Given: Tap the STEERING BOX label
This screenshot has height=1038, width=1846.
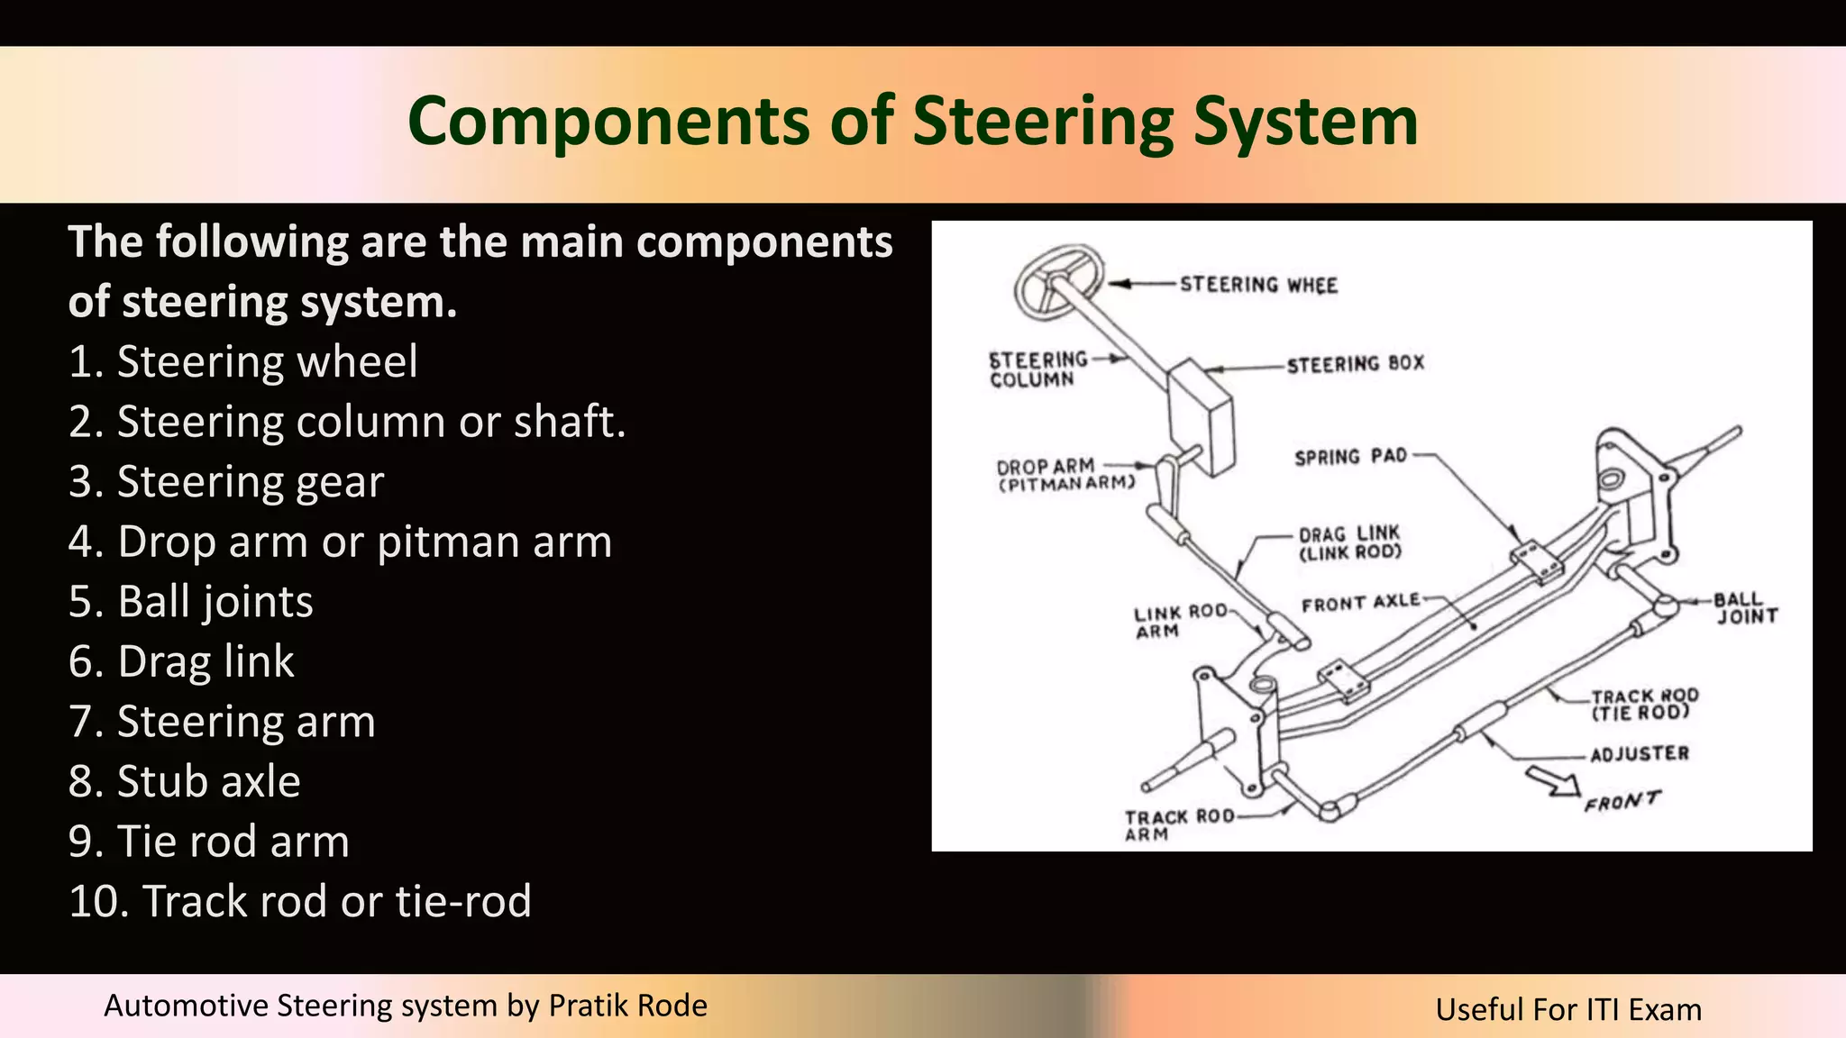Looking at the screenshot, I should pyautogui.click(x=1355, y=364).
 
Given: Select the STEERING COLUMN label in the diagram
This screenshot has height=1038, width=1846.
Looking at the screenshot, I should pyautogui.click(x=1037, y=369).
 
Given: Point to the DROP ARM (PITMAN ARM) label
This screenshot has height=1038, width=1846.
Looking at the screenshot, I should pyautogui.click(x=1064, y=475).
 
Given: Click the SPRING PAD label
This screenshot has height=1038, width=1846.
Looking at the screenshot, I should pyautogui.click(x=1350, y=457).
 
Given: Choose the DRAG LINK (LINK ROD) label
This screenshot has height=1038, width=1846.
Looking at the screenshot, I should pyautogui.click(x=1349, y=543).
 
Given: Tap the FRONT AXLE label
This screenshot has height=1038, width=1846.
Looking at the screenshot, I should pyautogui.click(x=1360, y=603).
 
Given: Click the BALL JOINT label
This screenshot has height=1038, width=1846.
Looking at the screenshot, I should pyautogui.click(x=1745, y=608).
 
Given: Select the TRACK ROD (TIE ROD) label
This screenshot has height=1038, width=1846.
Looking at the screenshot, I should pyautogui.click(x=1644, y=705).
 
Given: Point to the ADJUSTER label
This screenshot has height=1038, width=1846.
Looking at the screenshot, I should pyautogui.click(x=1639, y=754).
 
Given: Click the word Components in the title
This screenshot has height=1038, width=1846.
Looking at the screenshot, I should pyautogui.click(x=608, y=122).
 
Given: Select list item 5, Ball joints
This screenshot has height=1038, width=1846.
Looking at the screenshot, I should pyautogui.click(x=191, y=602).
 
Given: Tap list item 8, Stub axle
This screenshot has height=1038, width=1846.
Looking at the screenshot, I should pyautogui.click(x=185, y=781).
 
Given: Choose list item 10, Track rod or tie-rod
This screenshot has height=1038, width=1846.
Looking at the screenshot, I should pyautogui.click(x=300, y=901).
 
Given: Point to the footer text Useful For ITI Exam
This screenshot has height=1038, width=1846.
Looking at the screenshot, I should pyautogui.click(x=1568, y=1009).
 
